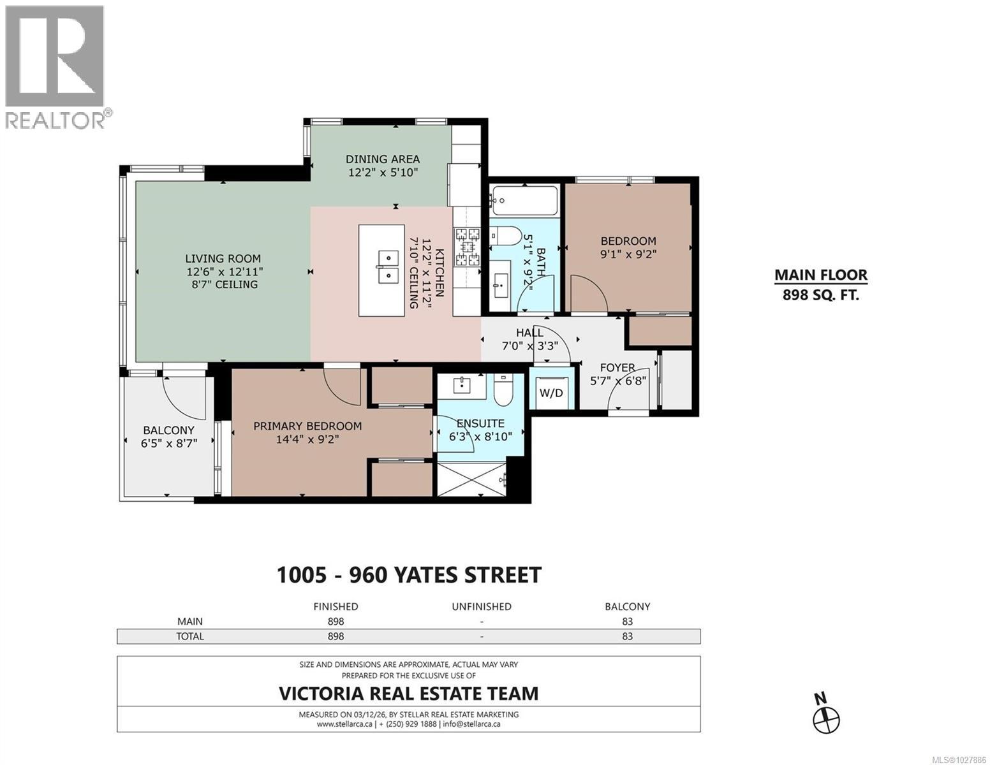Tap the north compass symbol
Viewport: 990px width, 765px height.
click(826, 719)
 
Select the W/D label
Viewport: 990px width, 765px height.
click(551, 393)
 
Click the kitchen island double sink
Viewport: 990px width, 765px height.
click(387, 267)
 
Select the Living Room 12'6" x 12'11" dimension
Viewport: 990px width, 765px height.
click(223, 272)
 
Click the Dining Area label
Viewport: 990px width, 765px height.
click(383, 159)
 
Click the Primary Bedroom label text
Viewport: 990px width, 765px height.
click(307, 426)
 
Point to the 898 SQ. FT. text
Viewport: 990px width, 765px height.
click(820, 295)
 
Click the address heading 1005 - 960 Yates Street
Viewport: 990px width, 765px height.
click(408, 575)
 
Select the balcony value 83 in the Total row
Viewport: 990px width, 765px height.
click(627, 636)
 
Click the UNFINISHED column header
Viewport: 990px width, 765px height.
click(481, 606)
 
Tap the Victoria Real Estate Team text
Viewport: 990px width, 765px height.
click(408, 694)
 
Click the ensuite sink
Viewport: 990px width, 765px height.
click(461, 384)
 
